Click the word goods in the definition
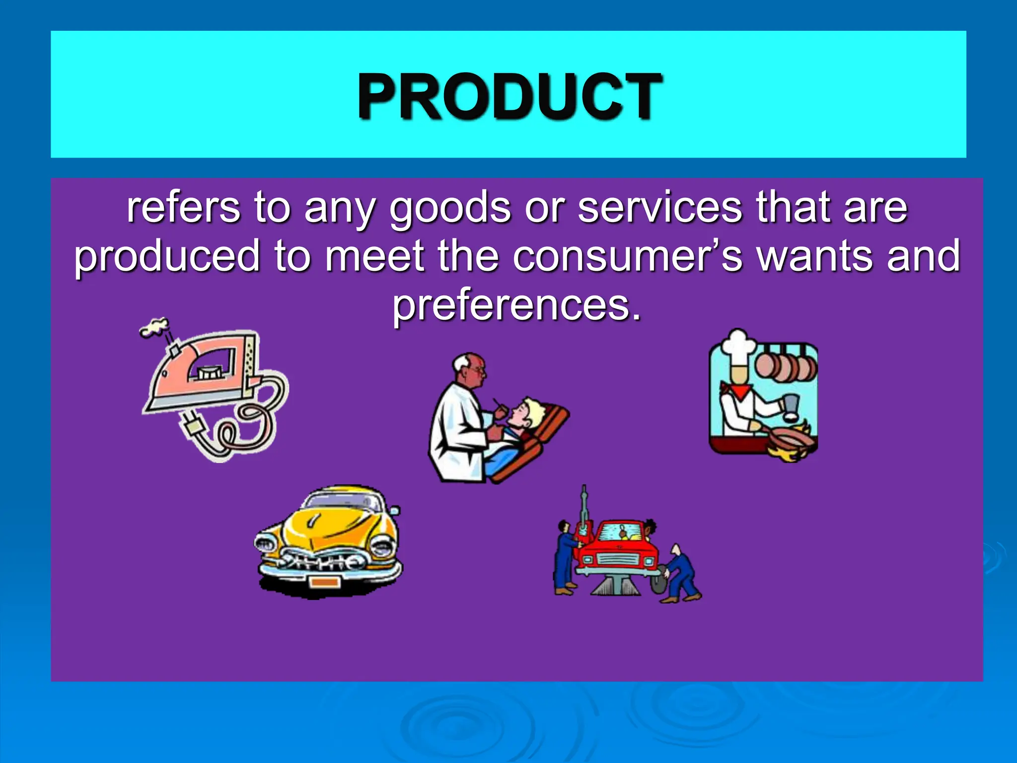(x=450, y=209)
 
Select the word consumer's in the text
(x=628, y=256)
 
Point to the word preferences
(x=517, y=305)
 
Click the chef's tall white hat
(x=738, y=348)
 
